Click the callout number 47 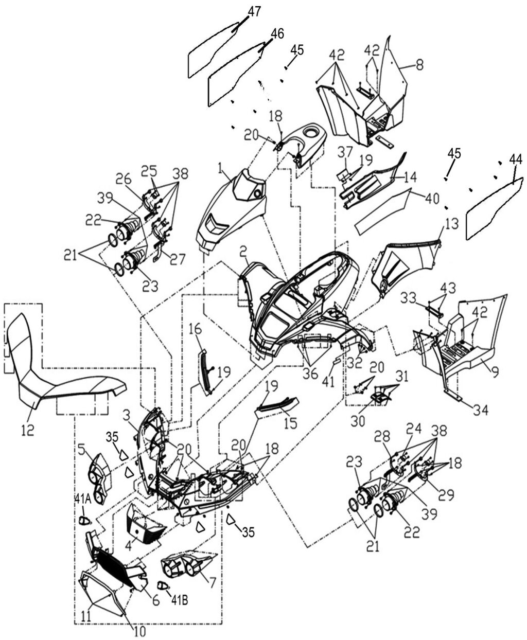point(254,12)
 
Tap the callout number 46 point(277,34)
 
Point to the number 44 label point(515,161)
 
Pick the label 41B point(179,598)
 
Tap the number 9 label point(495,372)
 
